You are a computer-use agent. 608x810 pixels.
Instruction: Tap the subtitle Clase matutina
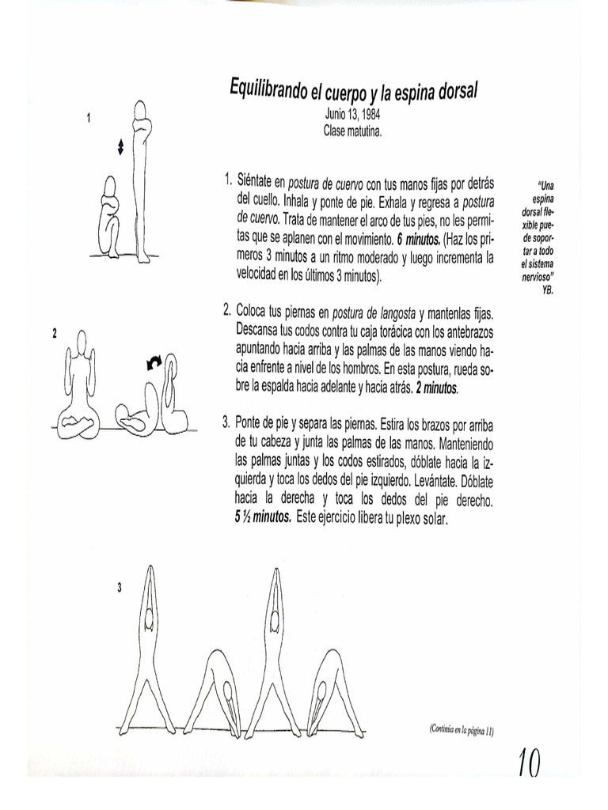click(352, 131)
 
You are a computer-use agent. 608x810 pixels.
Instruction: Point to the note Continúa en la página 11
click(462, 729)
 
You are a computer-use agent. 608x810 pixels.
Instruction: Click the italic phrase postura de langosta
click(374, 312)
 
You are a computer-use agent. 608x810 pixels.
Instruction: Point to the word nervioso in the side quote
click(537, 278)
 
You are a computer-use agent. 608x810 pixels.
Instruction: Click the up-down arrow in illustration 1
click(120, 147)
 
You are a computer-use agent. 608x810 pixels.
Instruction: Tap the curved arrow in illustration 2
click(154, 362)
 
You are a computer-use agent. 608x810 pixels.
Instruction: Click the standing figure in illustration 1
click(142, 182)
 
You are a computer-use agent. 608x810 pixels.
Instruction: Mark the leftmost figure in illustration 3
click(149, 649)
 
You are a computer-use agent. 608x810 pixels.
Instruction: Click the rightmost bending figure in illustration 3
click(333, 688)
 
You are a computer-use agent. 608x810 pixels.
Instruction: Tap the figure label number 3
click(119, 587)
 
